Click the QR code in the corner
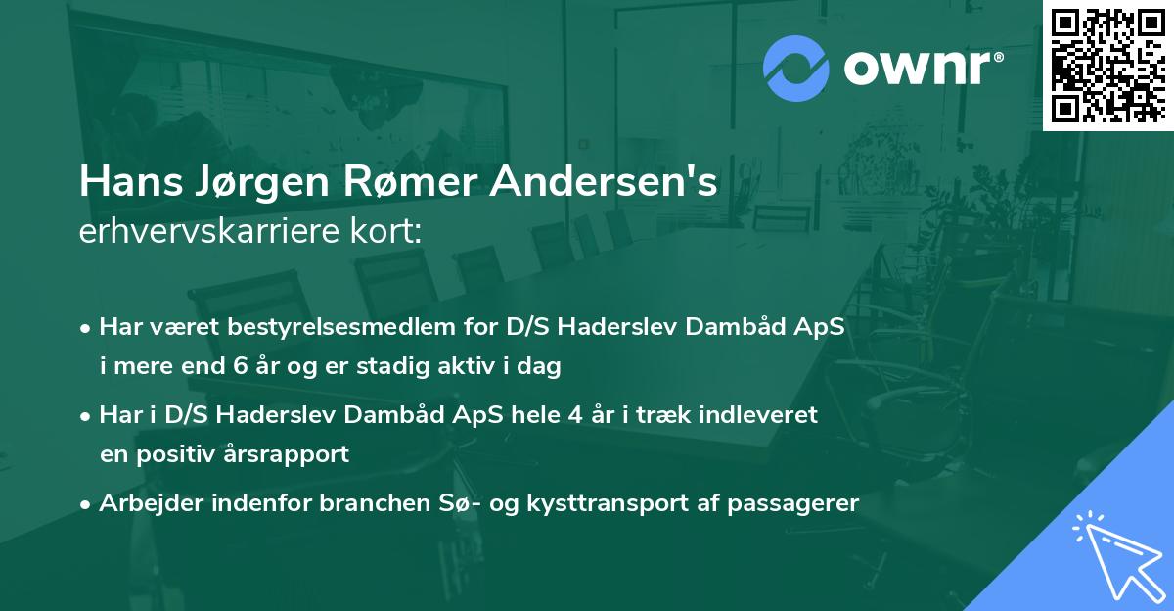coord(1107,64)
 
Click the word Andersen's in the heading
coord(610,182)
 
